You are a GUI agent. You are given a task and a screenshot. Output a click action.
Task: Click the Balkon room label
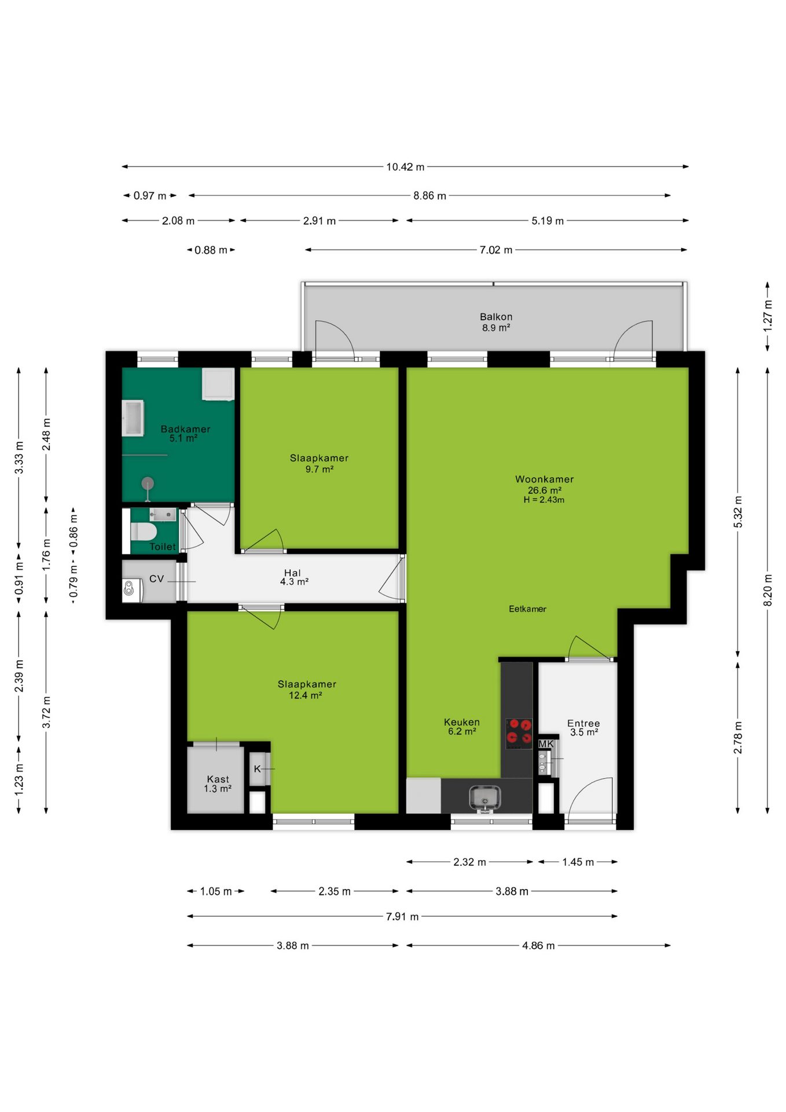tap(496, 317)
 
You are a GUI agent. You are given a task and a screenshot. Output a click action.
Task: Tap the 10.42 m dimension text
tap(405, 167)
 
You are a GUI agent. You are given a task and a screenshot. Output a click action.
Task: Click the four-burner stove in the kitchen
tap(519, 731)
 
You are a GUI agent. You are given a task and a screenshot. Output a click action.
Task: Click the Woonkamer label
tap(545, 479)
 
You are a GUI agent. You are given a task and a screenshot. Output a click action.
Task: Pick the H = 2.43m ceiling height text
tap(544, 500)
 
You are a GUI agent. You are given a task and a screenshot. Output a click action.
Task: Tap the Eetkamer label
tap(527, 609)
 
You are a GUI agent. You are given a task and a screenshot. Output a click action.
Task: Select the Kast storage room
tap(216, 780)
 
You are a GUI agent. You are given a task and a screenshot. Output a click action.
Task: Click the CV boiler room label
tap(157, 579)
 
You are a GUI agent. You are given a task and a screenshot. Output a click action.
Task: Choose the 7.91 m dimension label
tap(402, 916)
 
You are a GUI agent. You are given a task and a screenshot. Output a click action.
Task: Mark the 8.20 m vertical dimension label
tap(768, 590)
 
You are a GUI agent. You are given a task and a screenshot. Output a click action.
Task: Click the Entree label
tap(583, 723)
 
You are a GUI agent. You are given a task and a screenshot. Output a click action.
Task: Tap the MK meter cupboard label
tap(546, 744)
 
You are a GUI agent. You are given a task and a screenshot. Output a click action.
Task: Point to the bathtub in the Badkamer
tap(133, 418)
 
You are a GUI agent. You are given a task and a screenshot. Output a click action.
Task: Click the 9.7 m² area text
tap(319, 469)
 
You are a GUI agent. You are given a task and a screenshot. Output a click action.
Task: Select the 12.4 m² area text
tap(306, 695)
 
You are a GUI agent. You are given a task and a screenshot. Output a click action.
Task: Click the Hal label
tap(292, 573)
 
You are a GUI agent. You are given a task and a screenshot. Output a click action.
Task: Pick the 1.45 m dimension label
tap(578, 862)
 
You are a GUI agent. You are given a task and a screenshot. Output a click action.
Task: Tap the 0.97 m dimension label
tap(150, 196)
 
